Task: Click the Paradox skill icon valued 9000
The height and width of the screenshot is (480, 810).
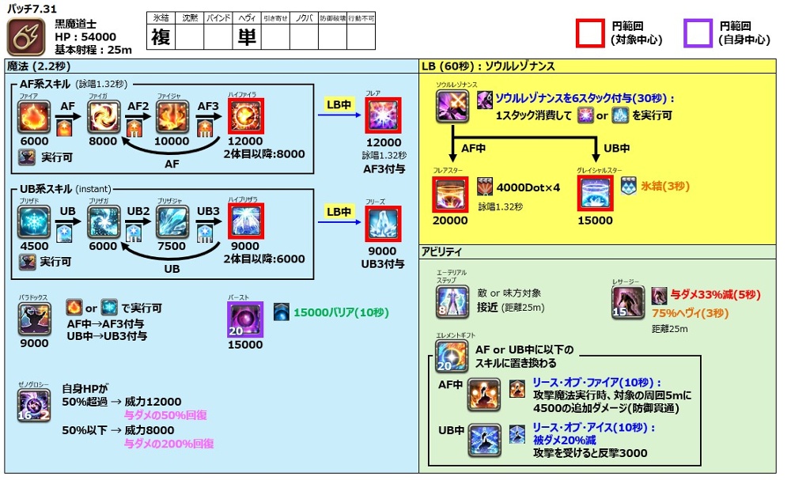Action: click(34, 319)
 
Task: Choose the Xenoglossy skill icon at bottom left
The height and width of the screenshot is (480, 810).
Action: click(34, 405)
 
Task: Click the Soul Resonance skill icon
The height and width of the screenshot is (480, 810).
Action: click(452, 106)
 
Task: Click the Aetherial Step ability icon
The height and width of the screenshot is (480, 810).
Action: click(452, 302)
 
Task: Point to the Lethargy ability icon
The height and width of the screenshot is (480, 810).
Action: click(626, 302)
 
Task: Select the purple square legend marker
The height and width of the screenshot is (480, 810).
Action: click(698, 33)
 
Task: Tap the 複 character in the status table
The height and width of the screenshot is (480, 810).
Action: click(161, 36)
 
